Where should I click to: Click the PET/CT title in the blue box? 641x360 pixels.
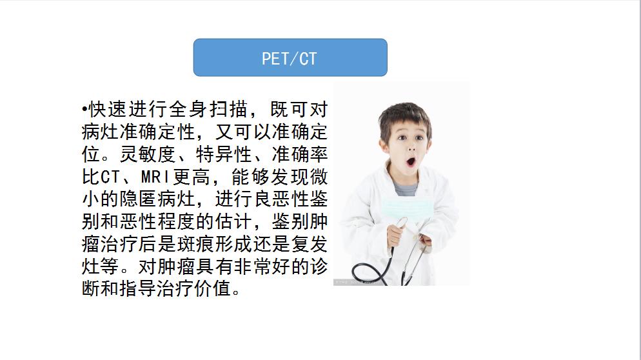290,58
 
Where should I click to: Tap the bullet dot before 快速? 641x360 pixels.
84,108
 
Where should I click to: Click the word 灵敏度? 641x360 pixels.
156,154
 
